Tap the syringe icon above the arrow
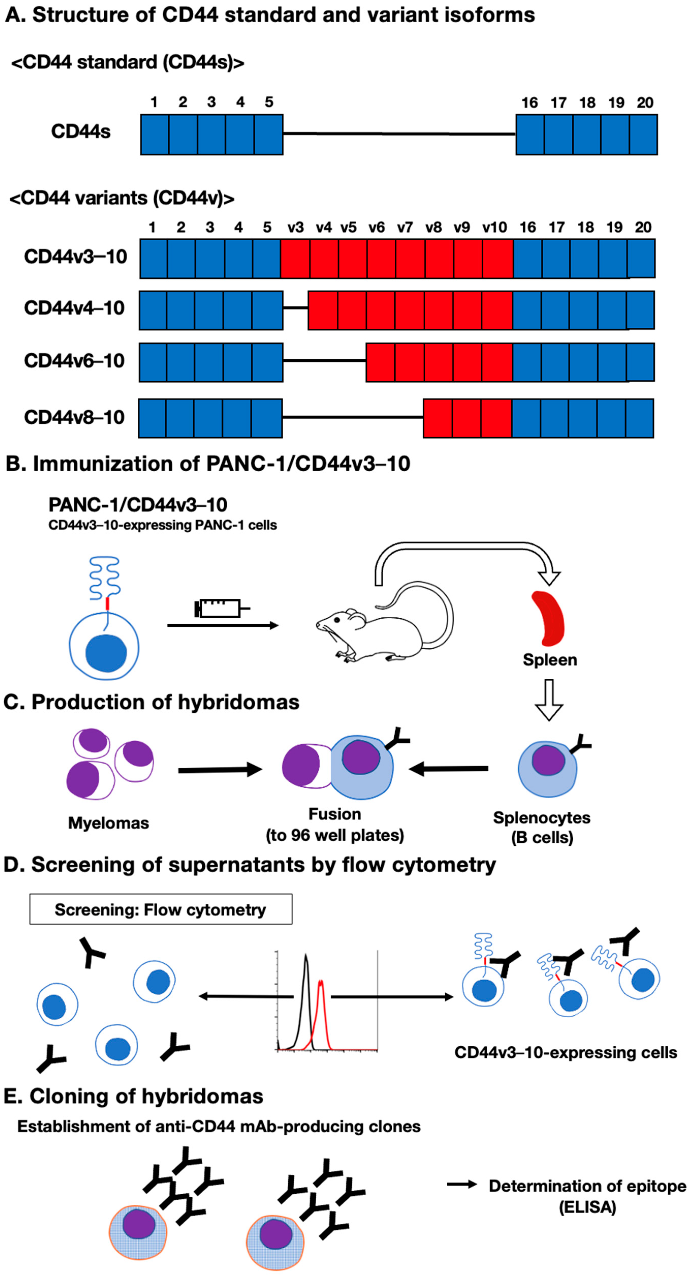point(220,608)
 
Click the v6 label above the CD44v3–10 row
point(377,227)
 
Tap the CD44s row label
point(81,132)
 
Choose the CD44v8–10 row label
point(74,417)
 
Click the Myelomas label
point(108,823)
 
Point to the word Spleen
point(550,660)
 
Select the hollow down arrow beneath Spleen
point(549,699)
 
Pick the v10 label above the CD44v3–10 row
point(494,227)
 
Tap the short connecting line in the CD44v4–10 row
point(295,308)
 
